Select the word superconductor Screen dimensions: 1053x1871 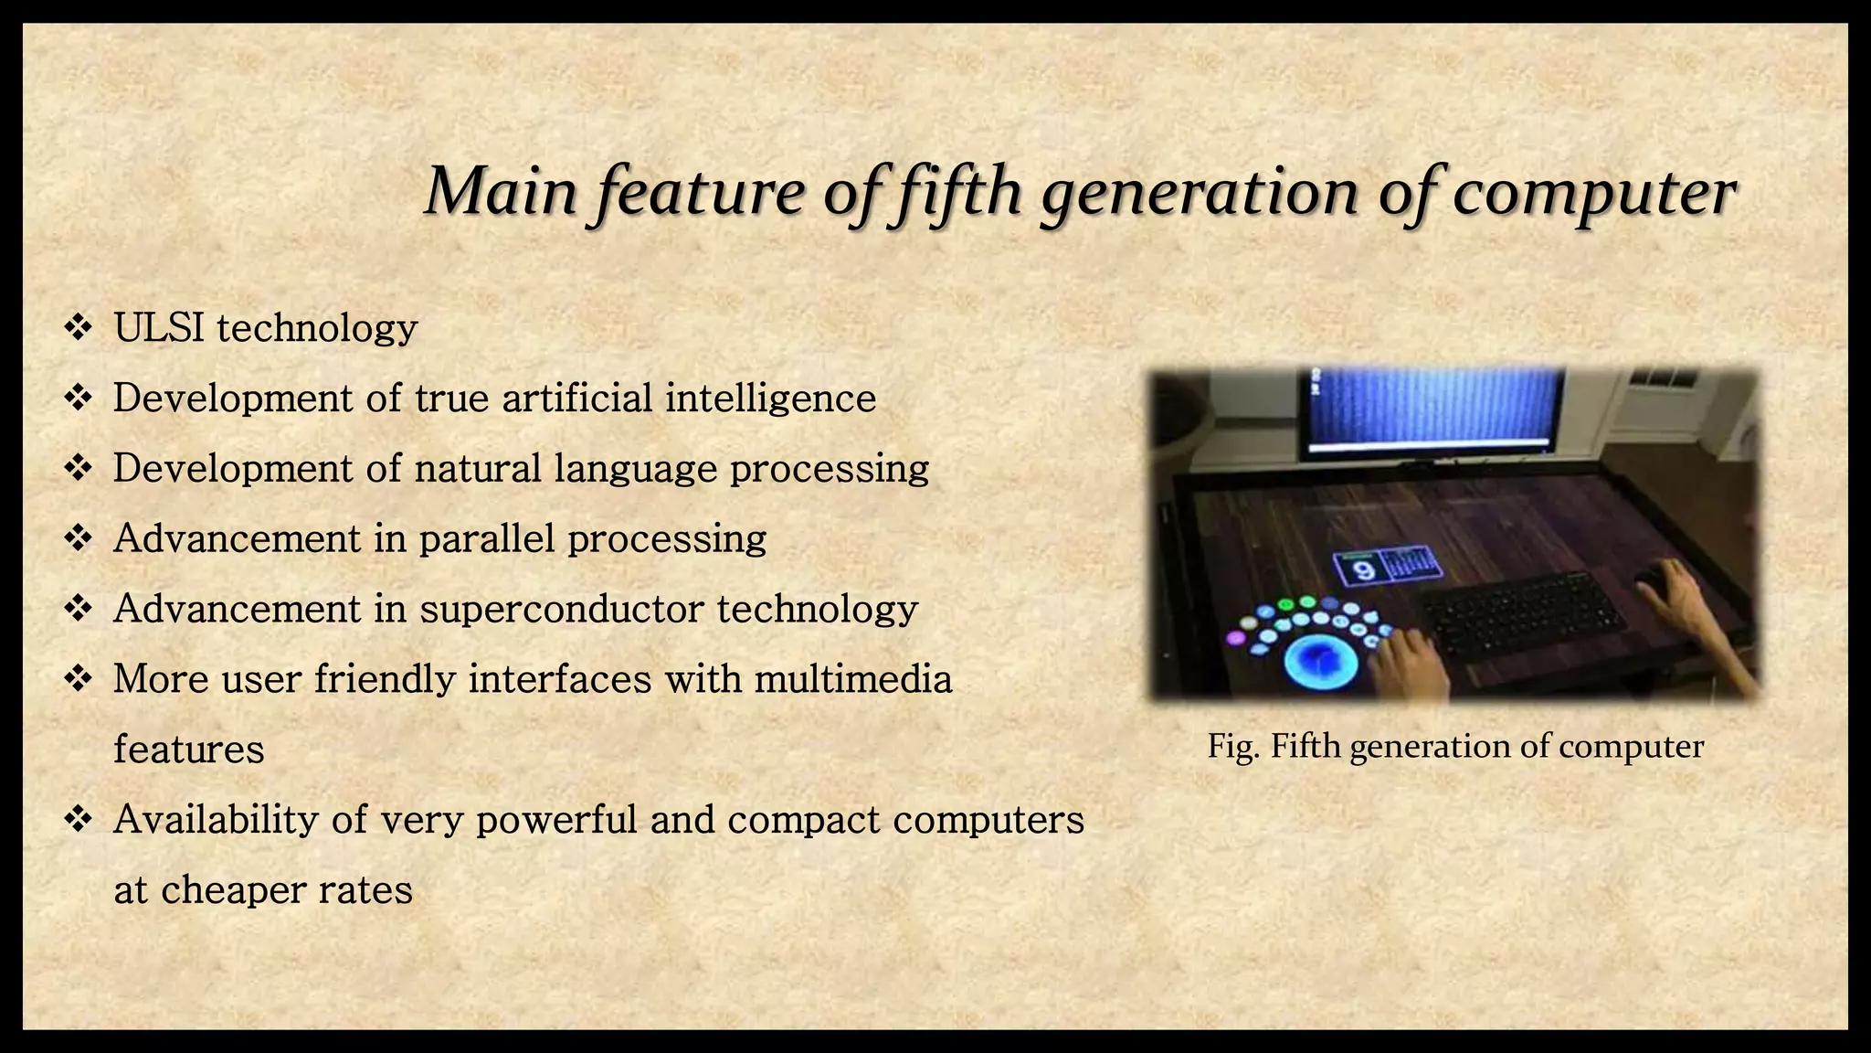point(562,610)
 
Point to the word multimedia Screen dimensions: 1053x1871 point(853,679)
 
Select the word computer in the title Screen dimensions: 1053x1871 point(1594,194)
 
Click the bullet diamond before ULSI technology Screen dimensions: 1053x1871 point(79,327)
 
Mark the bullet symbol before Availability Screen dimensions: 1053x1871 point(79,819)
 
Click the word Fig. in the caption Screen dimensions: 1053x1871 point(1234,747)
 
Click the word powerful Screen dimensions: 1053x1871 point(556,820)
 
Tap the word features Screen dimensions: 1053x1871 point(188,750)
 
